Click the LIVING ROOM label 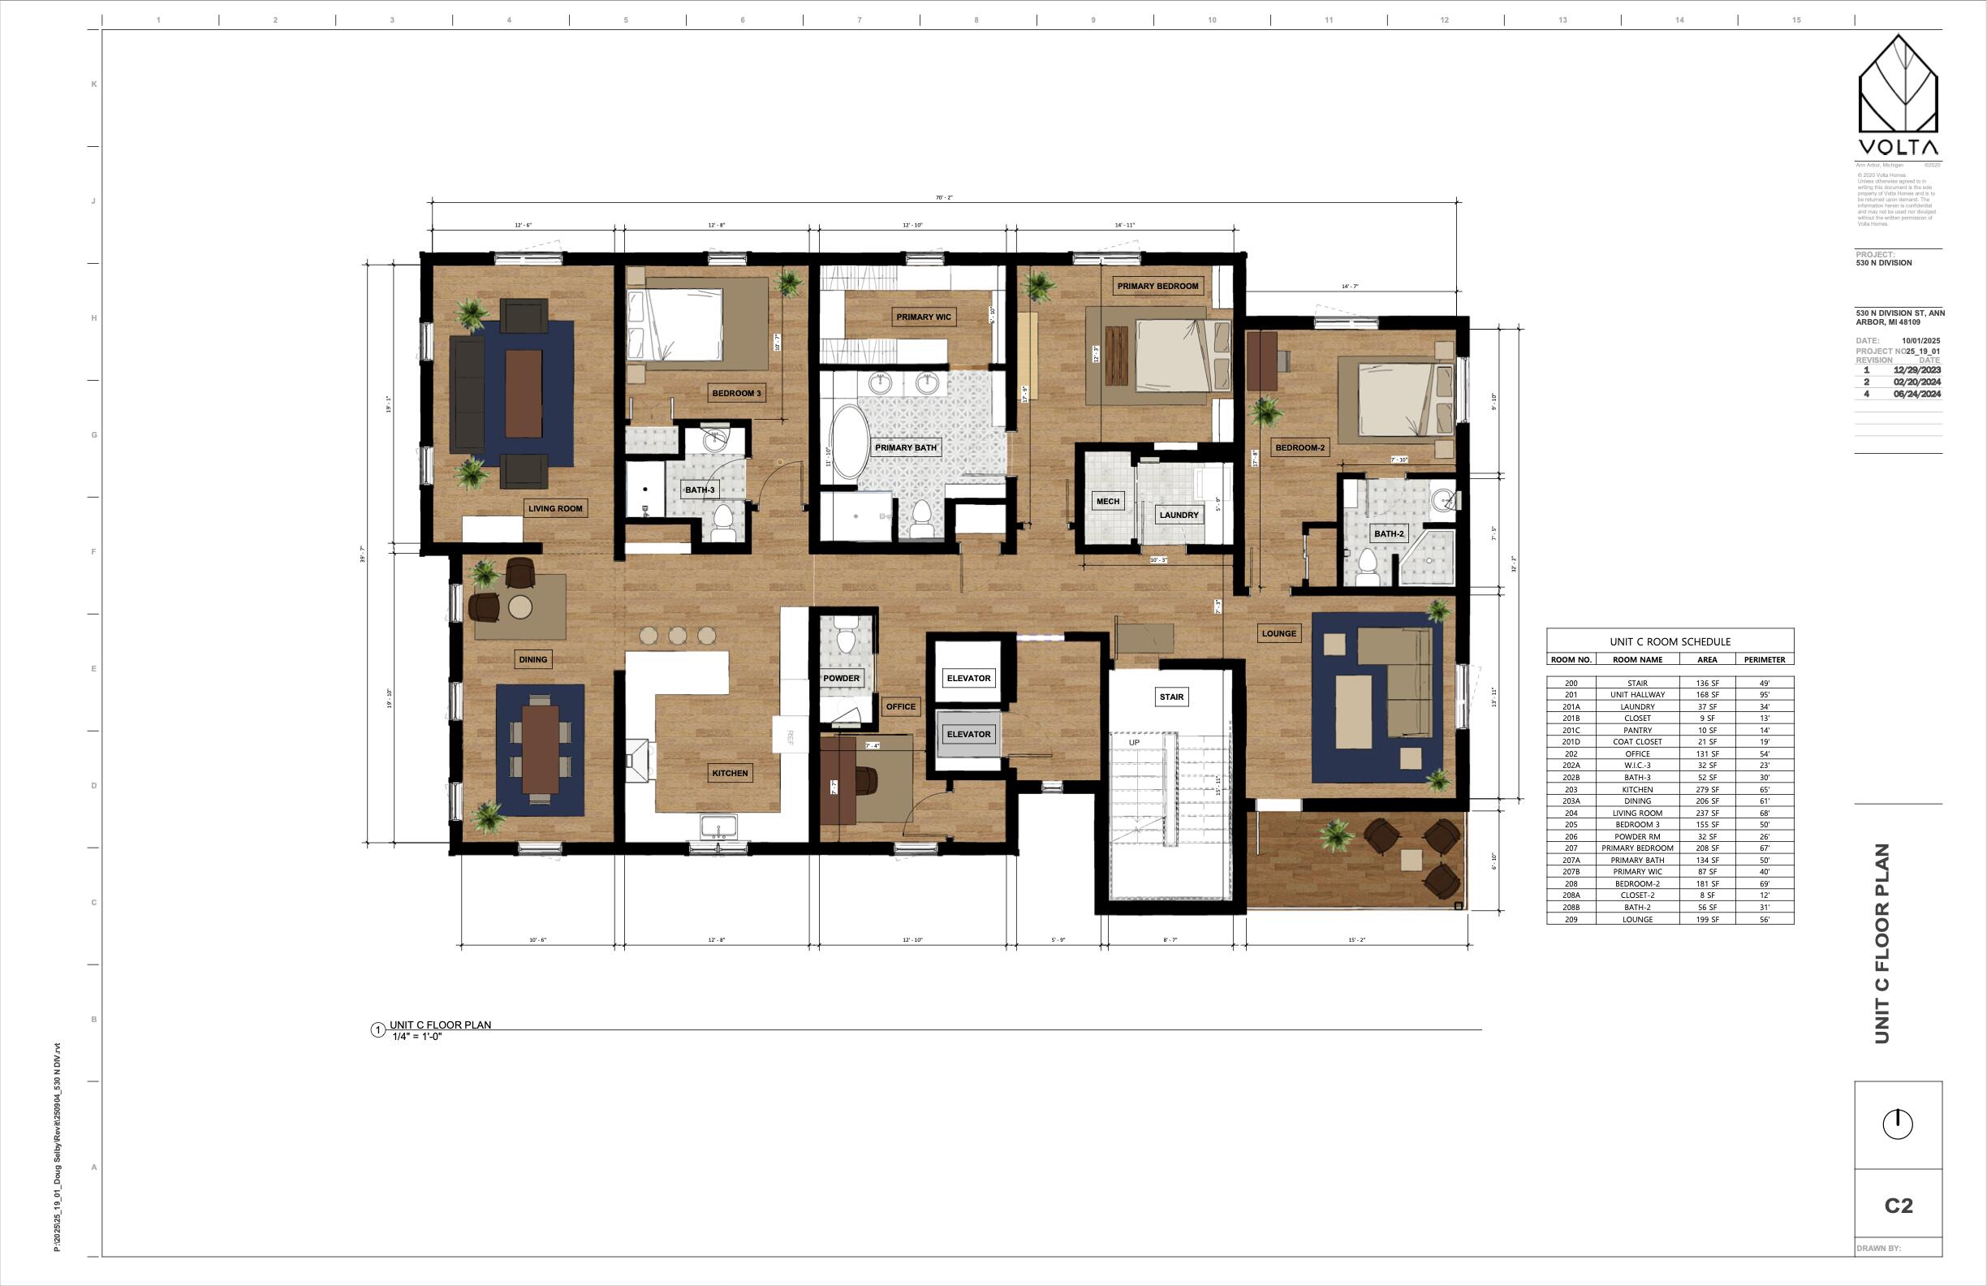555,507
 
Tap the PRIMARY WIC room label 924,317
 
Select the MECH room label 1107,501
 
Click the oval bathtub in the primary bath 848,442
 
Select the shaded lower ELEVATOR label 968,734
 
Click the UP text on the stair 1134,742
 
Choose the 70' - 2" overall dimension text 943,198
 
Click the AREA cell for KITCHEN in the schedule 1706,789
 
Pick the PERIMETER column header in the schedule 1764,660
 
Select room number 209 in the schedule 1571,919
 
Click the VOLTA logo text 1898,148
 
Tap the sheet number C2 1898,1206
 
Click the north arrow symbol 1898,1124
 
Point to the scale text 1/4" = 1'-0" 416,1037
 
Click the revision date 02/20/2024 1917,382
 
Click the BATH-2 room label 1389,533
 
